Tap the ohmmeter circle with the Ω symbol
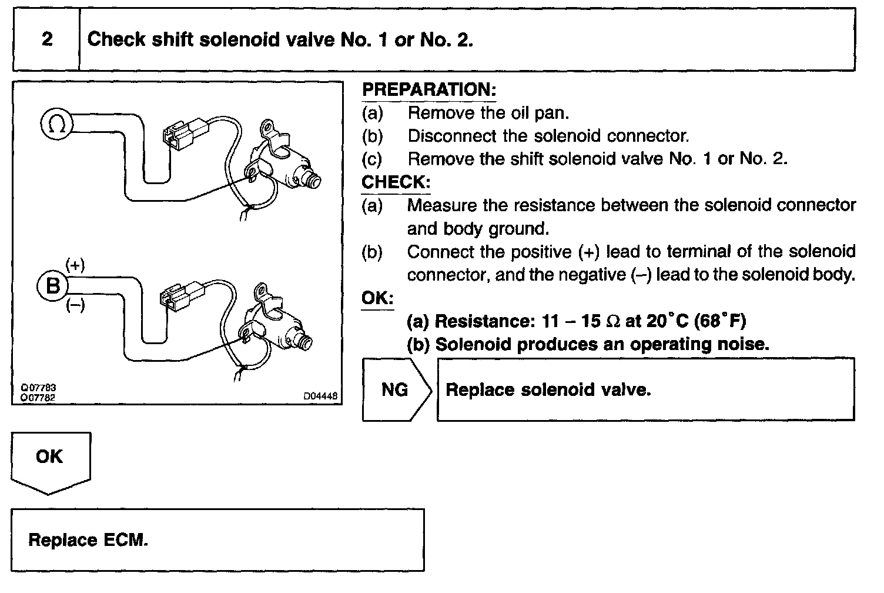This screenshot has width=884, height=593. point(56,125)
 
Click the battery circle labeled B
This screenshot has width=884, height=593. point(53,286)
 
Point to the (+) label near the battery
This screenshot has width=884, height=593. point(75,265)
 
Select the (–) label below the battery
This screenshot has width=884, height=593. point(75,305)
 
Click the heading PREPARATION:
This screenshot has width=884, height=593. point(429,90)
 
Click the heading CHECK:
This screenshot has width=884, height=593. point(396,182)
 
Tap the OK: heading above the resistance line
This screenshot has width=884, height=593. point(377,298)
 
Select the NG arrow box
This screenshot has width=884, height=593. point(396,389)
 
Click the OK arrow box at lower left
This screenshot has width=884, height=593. point(50,458)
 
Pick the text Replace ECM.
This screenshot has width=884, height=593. point(88,540)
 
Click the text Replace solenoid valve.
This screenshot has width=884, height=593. point(548,389)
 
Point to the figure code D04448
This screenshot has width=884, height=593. point(320,397)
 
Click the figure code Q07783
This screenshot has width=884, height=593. point(39,388)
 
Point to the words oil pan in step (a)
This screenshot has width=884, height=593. point(538,113)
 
